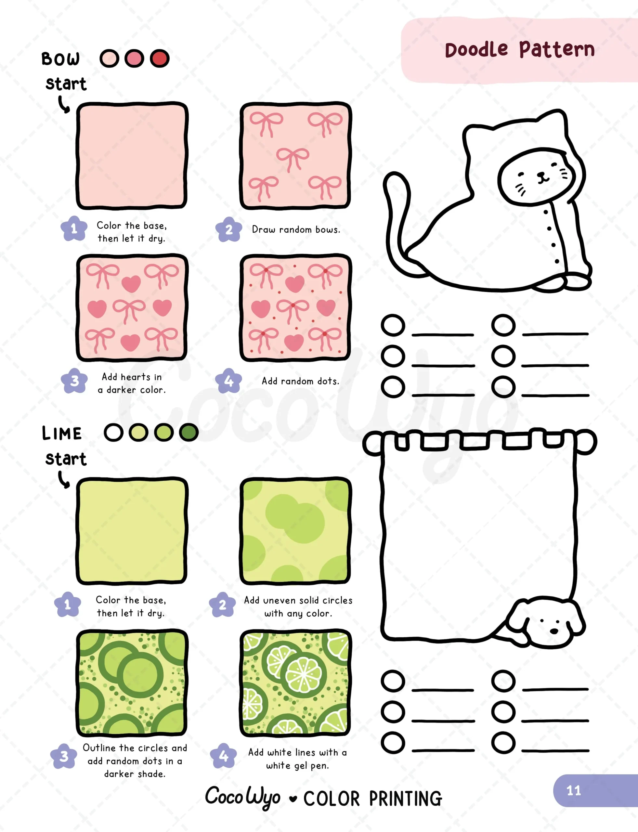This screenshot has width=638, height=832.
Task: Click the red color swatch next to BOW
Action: [x=160, y=58]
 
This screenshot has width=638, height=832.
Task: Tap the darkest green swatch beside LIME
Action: [x=189, y=432]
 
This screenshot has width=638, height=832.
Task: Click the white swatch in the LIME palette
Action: [x=113, y=432]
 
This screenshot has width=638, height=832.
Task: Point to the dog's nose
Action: [x=554, y=631]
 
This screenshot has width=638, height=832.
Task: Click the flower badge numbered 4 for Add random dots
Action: [x=228, y=381]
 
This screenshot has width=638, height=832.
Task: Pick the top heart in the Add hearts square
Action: [x=131, y=284]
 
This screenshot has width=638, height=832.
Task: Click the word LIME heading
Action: [x=61, y=433]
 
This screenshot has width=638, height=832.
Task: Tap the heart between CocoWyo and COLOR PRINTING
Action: [x=293, y=799]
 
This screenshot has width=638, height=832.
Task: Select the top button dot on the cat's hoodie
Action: [x=546, y=212]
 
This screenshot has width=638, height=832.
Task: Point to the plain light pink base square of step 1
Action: [x=132, y=155]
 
